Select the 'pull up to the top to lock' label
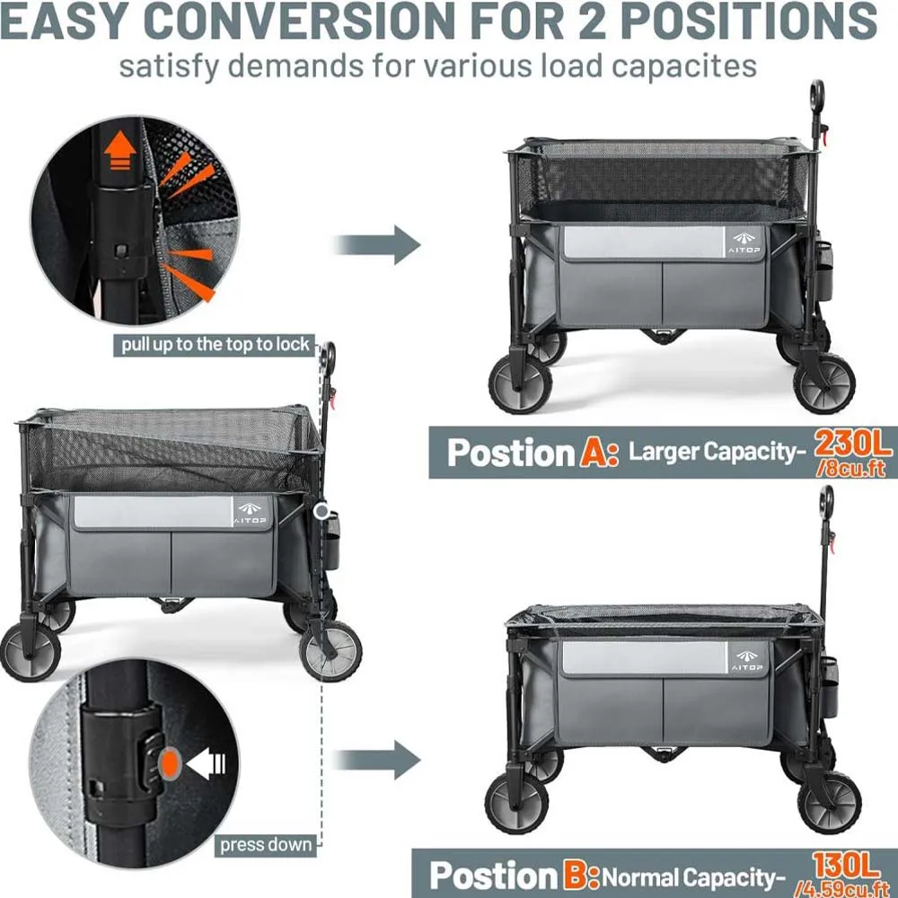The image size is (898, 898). coord(212,344)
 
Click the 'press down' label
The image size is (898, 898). coord(266,844)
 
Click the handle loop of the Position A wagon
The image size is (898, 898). coord(816,93)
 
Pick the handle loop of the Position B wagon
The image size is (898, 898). coord(826,499)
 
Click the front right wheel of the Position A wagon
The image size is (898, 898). coord(824,383)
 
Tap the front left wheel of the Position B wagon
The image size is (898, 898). coord(516,802)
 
